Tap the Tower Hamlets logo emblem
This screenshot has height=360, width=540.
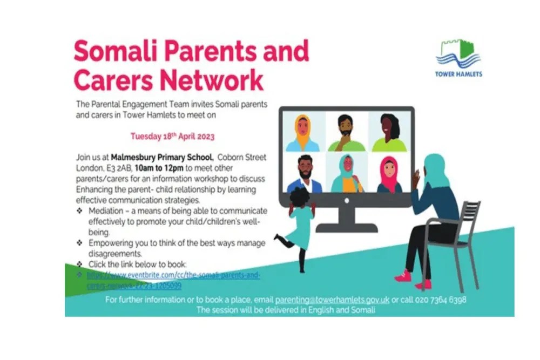(458, 53)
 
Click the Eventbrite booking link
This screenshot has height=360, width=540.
(173, 280)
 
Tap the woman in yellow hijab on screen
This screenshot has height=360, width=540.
(302, 133)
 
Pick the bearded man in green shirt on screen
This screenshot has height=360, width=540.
(346, 133)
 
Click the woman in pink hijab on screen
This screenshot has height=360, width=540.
(389, 174)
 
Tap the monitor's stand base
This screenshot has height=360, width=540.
(346, 227)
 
